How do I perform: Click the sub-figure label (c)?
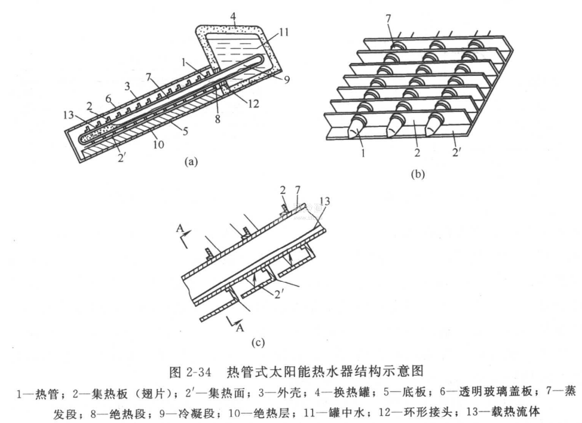click(x=258, y=343)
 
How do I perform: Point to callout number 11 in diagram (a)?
click(x=284, y=33)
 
